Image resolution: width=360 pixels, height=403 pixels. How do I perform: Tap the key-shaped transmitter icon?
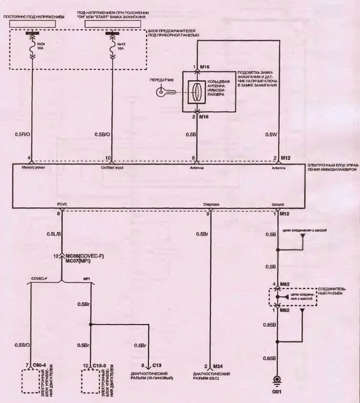click(x=163, y=92)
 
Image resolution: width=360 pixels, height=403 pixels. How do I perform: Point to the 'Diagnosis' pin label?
click(x=211, y=204)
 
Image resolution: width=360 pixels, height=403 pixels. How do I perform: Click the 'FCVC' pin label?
click(x=62, y=204)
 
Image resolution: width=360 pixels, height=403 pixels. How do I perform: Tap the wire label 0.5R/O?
click(x=22, y=134)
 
